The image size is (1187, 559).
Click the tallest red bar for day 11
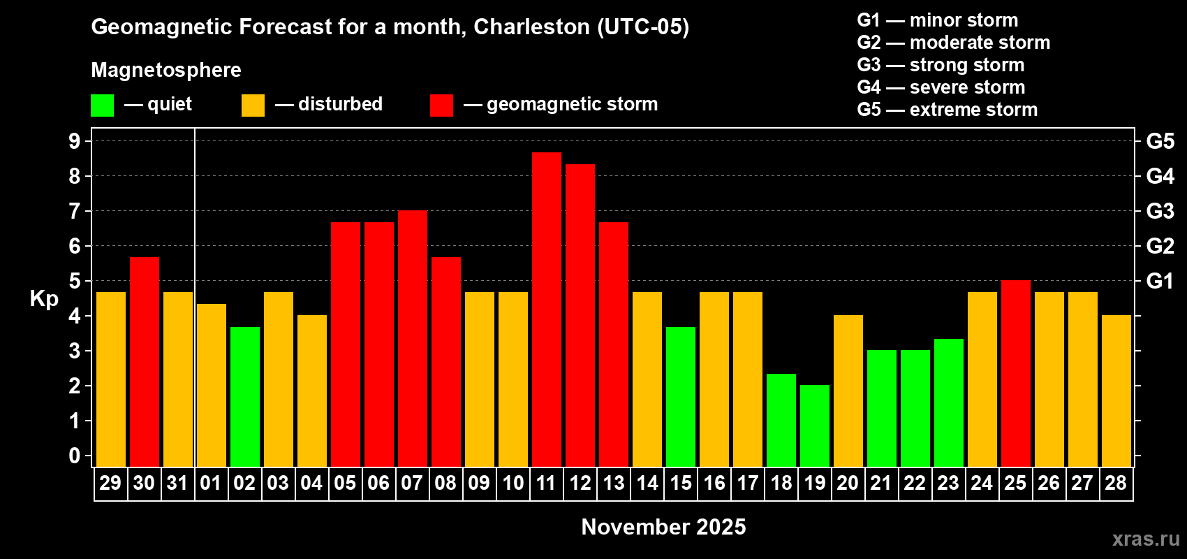546,310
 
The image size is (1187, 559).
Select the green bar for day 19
814,426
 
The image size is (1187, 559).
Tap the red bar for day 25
1016,373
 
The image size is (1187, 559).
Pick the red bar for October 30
144,362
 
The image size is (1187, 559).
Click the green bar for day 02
245,397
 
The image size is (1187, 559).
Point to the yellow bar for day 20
848,391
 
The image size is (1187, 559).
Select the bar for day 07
412,338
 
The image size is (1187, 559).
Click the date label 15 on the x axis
680,483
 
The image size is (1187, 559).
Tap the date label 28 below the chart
1116,483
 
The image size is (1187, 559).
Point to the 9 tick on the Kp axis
74,141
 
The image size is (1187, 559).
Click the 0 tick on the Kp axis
74,456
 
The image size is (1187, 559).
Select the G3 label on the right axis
1160,211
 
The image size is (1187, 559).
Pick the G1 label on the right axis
1160,281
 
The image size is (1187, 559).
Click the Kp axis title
44,298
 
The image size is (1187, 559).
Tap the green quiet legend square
102,105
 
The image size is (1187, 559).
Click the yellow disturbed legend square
253,105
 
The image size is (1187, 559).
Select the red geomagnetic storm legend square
441,105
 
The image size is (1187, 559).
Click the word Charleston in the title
531,27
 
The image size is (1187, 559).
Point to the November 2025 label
663,527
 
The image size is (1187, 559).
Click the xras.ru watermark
1145,539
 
